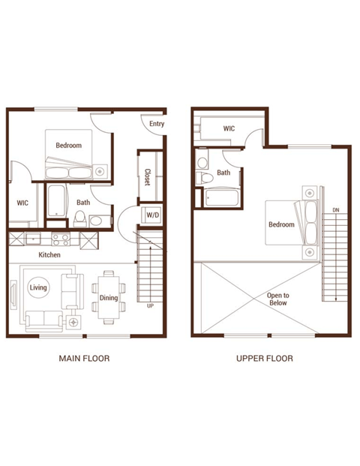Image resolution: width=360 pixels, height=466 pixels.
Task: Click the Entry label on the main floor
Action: coord(157,124)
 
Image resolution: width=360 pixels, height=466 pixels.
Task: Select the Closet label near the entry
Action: coord(147,177)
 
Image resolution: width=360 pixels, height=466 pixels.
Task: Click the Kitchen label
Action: coord(50,255)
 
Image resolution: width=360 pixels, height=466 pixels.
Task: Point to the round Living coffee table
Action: coord(37,287)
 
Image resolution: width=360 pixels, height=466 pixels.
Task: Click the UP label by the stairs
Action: coord(150,306)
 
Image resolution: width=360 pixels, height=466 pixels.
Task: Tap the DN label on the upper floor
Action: coord(335,210)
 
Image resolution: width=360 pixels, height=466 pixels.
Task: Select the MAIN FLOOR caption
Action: coord(84,359)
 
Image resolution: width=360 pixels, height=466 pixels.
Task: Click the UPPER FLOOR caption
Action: coord(265,359)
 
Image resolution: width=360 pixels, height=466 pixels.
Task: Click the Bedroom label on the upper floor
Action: coord(282,224)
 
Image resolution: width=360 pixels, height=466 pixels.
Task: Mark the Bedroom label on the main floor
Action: coord(68,145)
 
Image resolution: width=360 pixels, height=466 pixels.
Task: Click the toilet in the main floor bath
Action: coord(79,218)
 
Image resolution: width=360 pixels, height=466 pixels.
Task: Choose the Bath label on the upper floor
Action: coord(224,173)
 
